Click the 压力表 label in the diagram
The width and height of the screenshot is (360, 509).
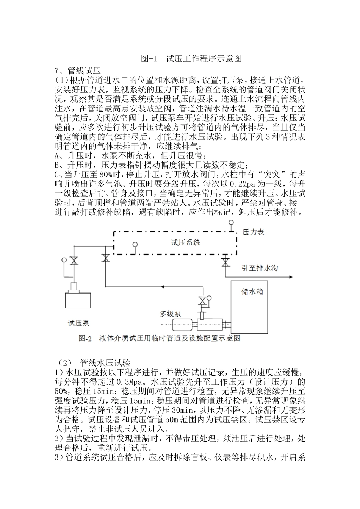253,232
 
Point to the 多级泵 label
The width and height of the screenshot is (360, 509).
170,313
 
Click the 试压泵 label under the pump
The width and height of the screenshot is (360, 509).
78,323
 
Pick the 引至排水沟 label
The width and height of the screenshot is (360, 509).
260,268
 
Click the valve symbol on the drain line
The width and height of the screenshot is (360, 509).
226,262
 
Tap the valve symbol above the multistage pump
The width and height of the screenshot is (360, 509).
202,301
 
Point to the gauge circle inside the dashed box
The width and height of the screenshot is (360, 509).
134,245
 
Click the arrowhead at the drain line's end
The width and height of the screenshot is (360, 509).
290,277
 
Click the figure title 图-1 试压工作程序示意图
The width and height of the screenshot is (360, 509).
191,58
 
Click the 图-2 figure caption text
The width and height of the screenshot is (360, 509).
159,338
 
